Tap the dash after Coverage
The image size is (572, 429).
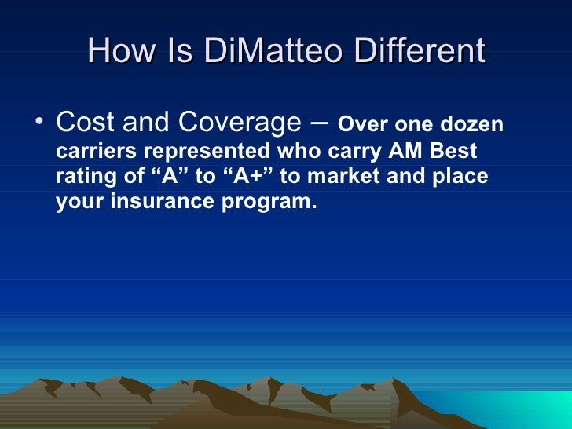click(322, 123)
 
